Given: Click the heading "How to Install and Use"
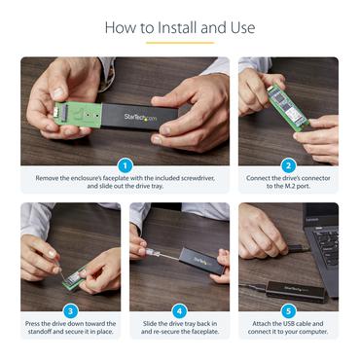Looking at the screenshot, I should pos(180,27).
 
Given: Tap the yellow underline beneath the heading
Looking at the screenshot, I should pos(180,43).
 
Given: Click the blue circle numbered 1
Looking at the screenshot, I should pos(125,165).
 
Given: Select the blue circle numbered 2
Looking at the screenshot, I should pos(289,165).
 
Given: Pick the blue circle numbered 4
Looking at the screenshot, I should pos(179,310).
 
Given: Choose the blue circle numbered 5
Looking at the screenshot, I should pos(289,310).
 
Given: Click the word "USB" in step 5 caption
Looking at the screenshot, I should pos(278,323).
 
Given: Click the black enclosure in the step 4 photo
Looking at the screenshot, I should pos(198,259).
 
